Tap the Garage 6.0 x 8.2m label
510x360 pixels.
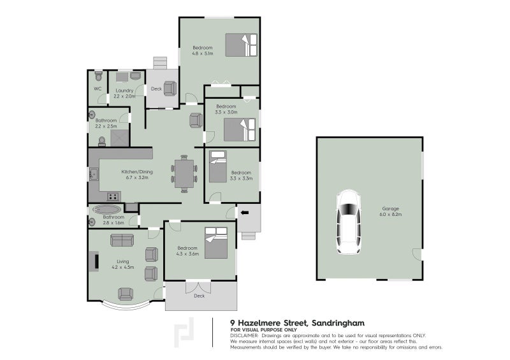[391, 211]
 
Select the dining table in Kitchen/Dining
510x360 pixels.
[184, 174]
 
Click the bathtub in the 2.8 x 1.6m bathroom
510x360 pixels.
[106, 209]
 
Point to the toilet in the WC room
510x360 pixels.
[98, 76]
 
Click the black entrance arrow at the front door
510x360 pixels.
[245, 212]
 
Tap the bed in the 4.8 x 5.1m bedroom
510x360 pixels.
[242, 45]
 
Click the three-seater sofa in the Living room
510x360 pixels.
[122, 240]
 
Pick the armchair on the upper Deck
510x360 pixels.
[170, 89]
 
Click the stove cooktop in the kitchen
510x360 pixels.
[113, 196]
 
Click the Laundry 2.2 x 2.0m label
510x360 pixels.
[125, 93]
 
